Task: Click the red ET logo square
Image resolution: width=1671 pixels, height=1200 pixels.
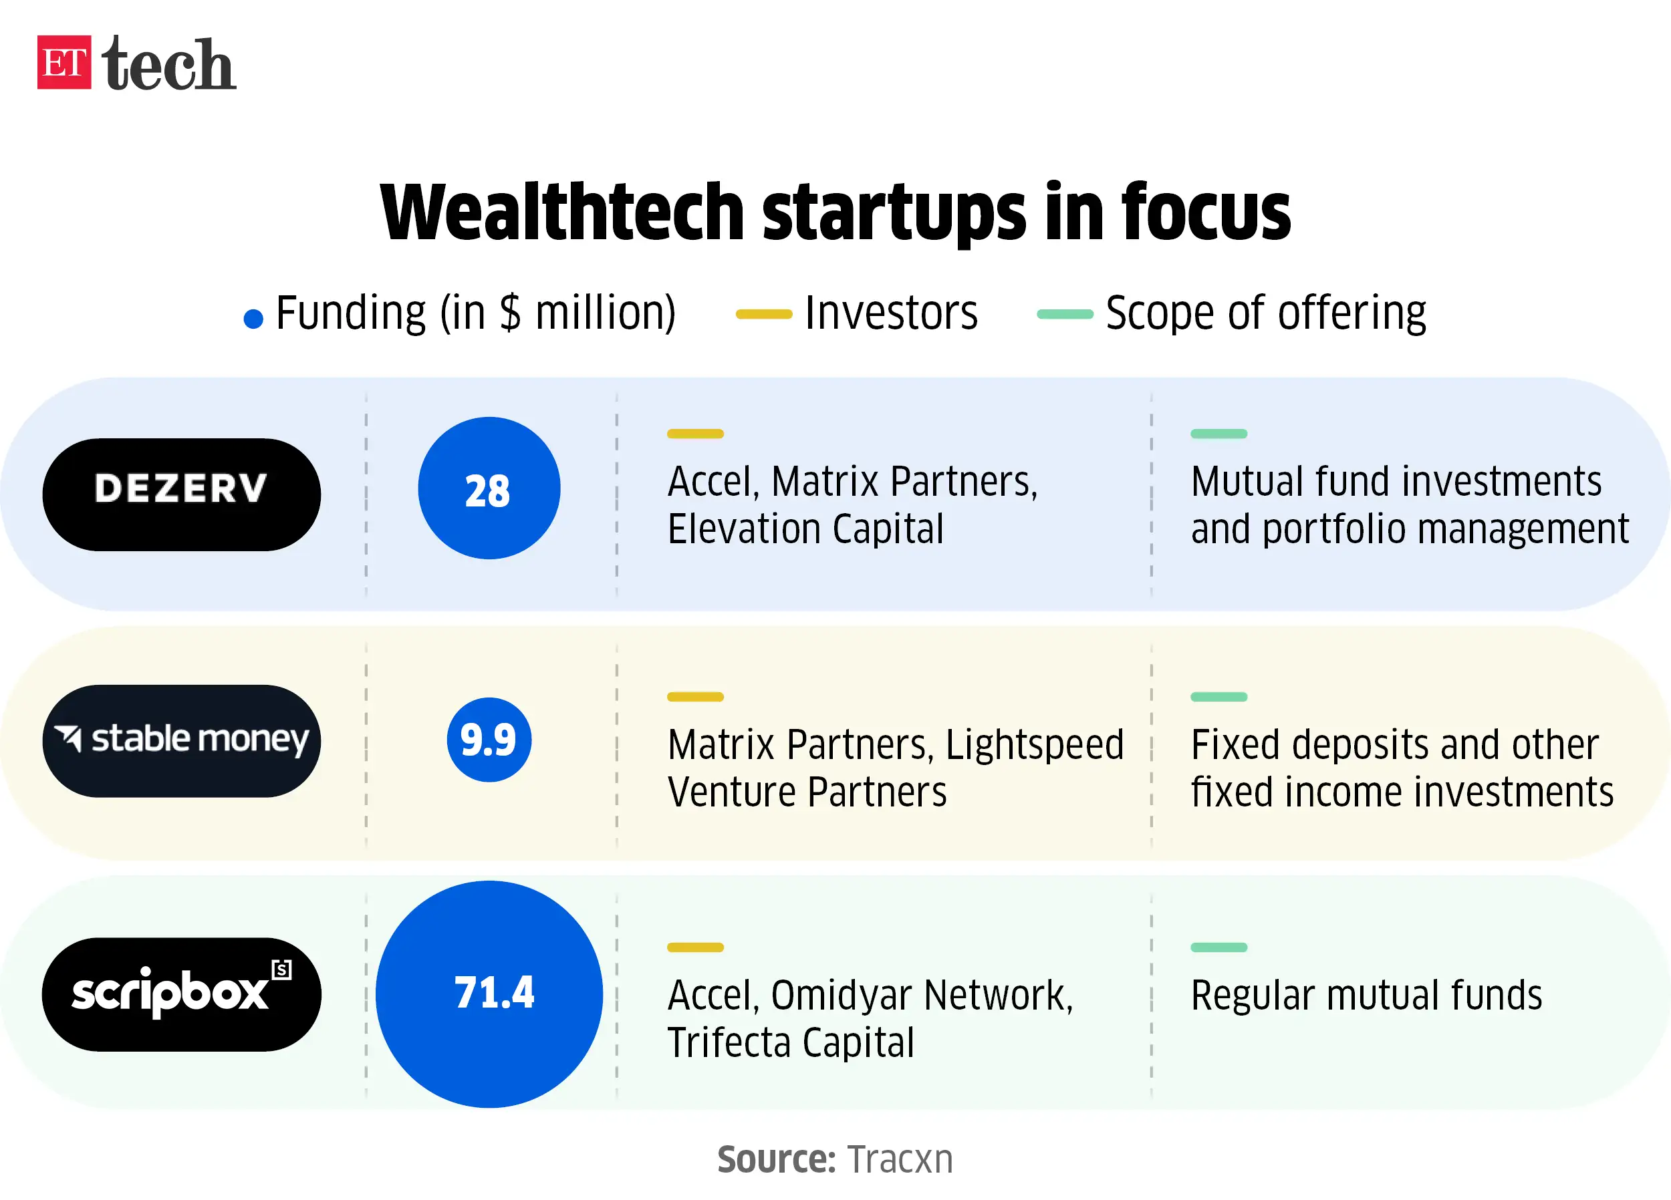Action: [64, 63]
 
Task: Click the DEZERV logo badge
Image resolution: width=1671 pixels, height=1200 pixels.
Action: [181, 494]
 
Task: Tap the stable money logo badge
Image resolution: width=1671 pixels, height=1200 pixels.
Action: [181, 740]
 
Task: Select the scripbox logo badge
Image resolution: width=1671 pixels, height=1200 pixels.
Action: [181, 994]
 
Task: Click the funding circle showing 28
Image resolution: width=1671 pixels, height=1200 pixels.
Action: [489, 488]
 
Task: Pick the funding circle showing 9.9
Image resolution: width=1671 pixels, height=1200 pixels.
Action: [489, 740]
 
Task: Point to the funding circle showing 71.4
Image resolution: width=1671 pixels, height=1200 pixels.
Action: [489, 994]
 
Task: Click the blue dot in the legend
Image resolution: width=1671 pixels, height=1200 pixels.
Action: [253, 319]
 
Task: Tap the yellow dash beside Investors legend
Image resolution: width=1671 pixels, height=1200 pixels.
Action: [764, 315]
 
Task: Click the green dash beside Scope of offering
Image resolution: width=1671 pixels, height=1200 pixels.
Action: [1065, 315]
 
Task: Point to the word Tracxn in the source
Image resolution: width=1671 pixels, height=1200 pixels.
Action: [900, 1159]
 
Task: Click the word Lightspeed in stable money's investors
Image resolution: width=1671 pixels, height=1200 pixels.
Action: [1035, 745]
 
